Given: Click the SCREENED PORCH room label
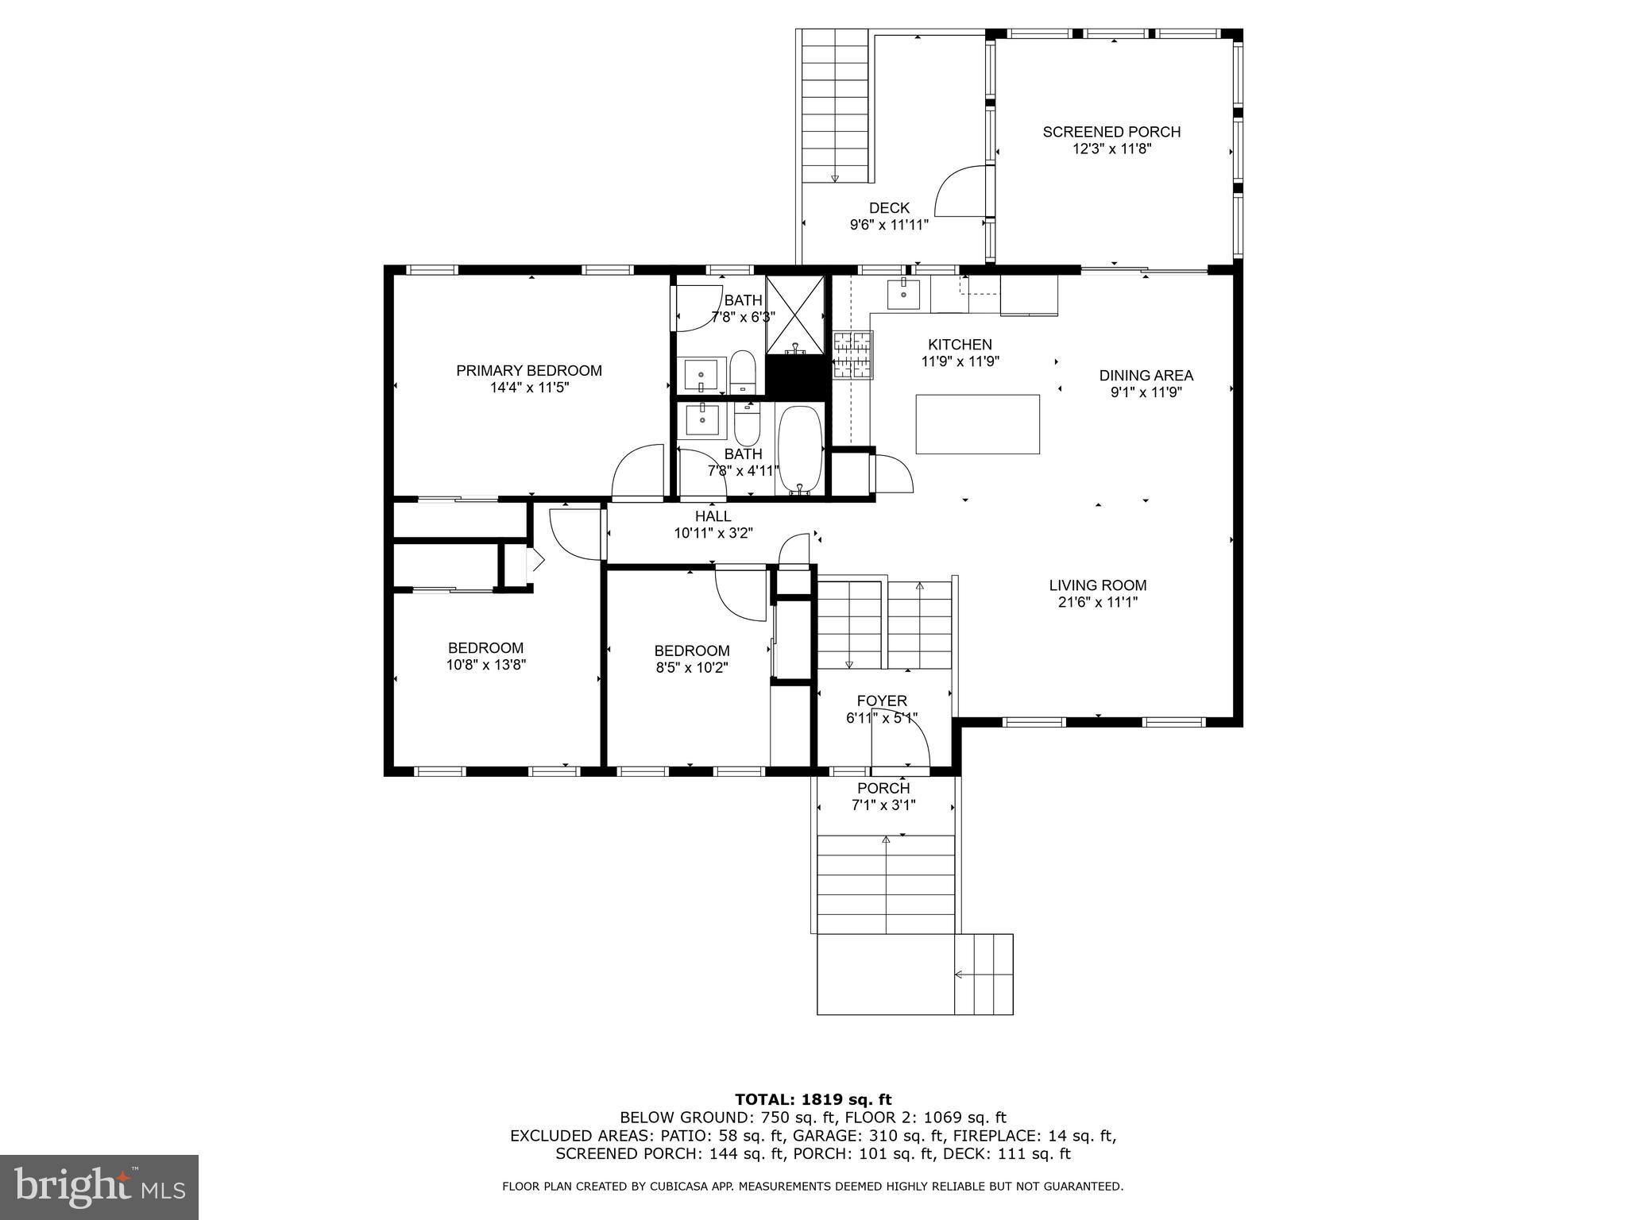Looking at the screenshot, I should click(x=1111, y=132).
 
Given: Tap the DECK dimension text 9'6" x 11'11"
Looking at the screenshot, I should click(x=889, y=225).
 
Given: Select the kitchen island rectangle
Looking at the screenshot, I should click(x=977, y=424).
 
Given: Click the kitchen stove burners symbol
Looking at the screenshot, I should click(x=852, y=354).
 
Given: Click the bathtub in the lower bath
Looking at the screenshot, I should click(x=799, y=449).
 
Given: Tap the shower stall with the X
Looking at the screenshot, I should click(x=794, y=315).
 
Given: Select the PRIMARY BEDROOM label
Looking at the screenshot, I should click(x=529, y=370).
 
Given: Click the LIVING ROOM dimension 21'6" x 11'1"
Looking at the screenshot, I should click(x=1098, y=602).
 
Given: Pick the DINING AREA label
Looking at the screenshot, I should click(x=1146, y=375).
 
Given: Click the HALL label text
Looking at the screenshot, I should click(x=713, y=516).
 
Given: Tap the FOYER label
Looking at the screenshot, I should click(x=882, y=701).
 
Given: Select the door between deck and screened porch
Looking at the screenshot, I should click(x=963, y=191).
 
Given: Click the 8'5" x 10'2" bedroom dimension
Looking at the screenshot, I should click(x=691, y=668).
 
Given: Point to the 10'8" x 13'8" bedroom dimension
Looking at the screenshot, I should click(x=486, y=665).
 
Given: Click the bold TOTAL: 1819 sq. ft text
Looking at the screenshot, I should click(x=813, y=1099).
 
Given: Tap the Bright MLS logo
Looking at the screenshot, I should click(x=99, y=1187).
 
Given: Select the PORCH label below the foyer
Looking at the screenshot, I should click(x=883, y=788).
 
